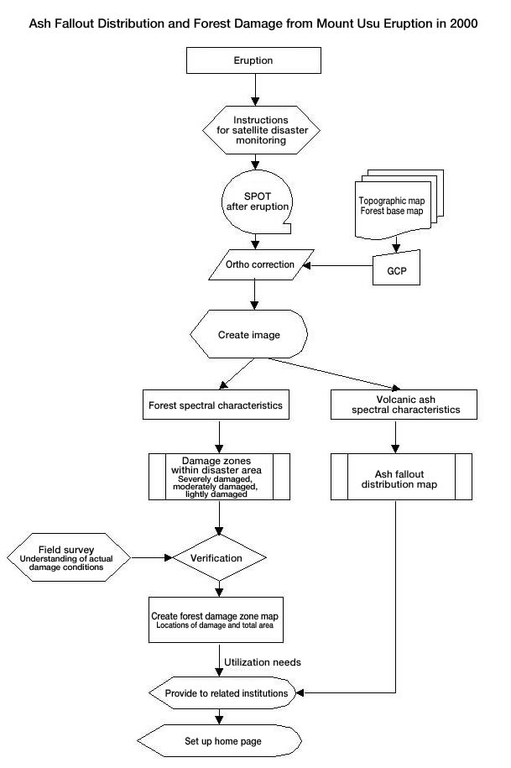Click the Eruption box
253,60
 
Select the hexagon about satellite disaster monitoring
262,130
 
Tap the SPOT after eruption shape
257,201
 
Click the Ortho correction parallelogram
261,264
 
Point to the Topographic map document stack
399,204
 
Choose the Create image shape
248,334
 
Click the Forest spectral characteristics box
216,405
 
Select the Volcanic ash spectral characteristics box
404,405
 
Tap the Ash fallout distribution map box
401,477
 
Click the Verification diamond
219,557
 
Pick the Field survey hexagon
69,557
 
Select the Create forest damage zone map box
216,619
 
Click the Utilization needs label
263,662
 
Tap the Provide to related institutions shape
222,693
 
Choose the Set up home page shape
219,740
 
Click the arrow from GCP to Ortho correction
337,265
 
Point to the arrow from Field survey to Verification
152,557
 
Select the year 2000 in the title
463,24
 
